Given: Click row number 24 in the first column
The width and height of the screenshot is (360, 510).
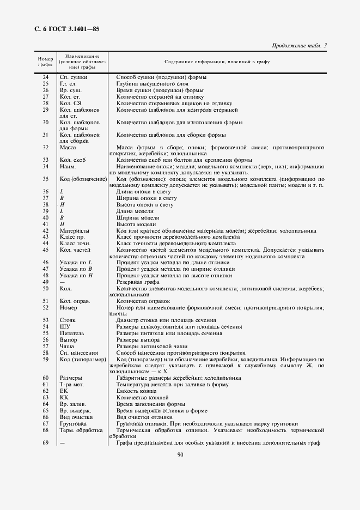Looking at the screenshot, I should point(45,77).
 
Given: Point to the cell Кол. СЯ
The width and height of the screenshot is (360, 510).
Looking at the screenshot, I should point(71,103).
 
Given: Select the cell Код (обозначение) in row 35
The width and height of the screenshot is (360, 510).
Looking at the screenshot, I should point(82,179).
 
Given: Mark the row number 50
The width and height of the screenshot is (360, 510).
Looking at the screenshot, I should point(45,288).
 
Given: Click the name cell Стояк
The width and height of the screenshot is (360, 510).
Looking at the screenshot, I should point(68,320).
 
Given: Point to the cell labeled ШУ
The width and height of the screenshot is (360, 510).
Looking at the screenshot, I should point(65,327).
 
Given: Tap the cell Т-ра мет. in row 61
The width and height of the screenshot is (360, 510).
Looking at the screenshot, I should point(71,385).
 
